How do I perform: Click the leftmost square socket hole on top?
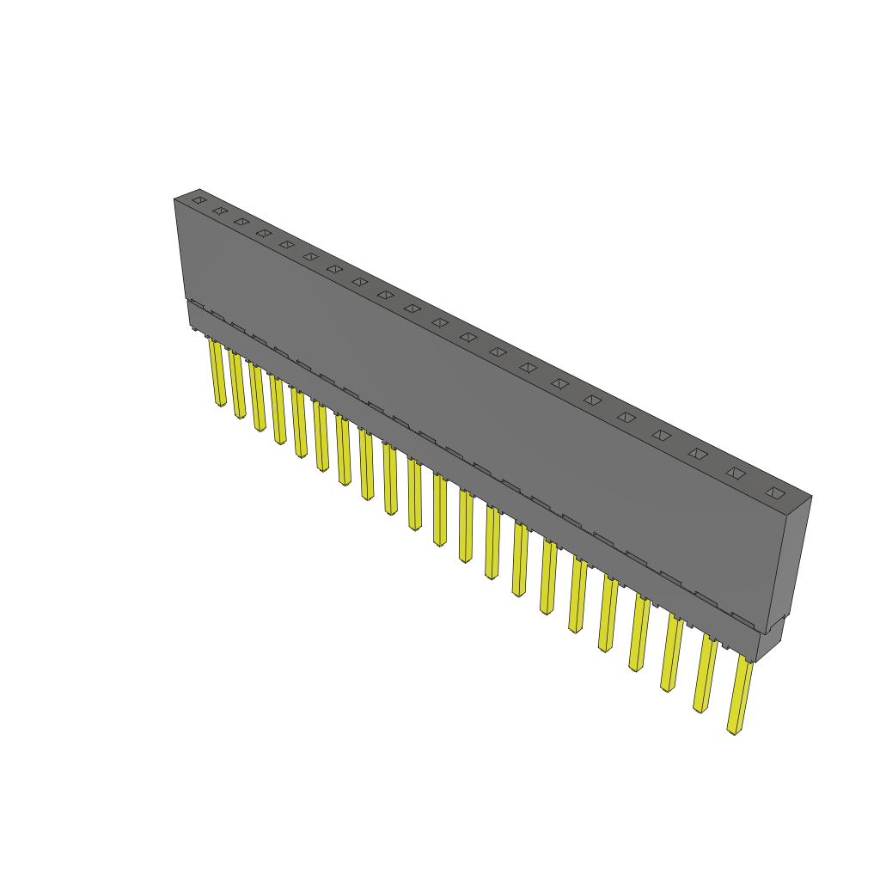pos(199,200)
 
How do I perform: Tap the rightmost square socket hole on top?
pos(775,493)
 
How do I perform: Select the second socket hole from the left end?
pos(220,211)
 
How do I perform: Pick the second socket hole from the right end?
pos(736,473)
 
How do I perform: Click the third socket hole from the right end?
pos(697,453)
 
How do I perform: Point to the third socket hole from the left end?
pos(241,222)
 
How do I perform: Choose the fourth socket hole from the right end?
pos(661,435)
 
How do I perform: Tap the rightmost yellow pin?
pos(738,696)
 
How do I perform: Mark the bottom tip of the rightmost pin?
pos(732,731)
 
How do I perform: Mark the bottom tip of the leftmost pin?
pos(221,404)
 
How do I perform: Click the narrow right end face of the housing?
pos(797,559)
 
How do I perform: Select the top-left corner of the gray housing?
pos(175,199)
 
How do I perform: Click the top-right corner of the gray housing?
pos(810,496)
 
